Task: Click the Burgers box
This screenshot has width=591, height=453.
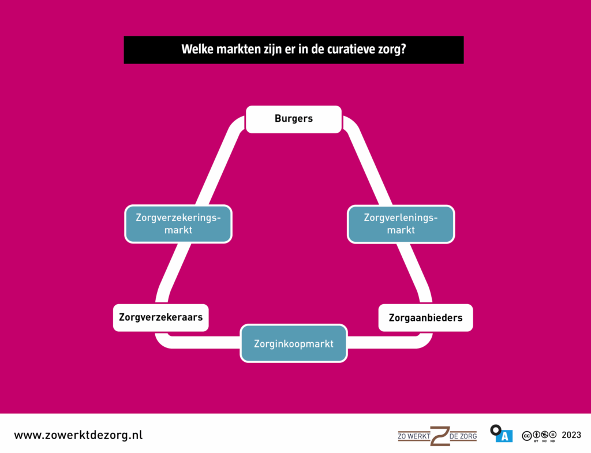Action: click(293, 119)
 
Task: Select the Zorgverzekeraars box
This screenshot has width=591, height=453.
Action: click(160, 317)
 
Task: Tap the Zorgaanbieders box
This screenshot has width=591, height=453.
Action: click(425, 317)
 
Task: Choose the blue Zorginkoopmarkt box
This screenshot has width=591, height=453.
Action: click(293, 343)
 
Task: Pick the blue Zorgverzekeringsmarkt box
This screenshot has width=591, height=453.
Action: click(178, 224)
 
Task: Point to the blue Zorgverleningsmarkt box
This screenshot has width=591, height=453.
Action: click(401, 224)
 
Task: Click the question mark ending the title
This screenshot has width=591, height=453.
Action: click(402, 50)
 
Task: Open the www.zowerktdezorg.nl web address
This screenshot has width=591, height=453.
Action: click(78, 435)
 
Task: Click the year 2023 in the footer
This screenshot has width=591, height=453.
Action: click(571, 435)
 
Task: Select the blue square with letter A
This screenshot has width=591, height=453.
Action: click(504, 436)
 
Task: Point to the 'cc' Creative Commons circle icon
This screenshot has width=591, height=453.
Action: click(527, 435)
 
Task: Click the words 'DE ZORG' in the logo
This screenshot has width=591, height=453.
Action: click(463, 436)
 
